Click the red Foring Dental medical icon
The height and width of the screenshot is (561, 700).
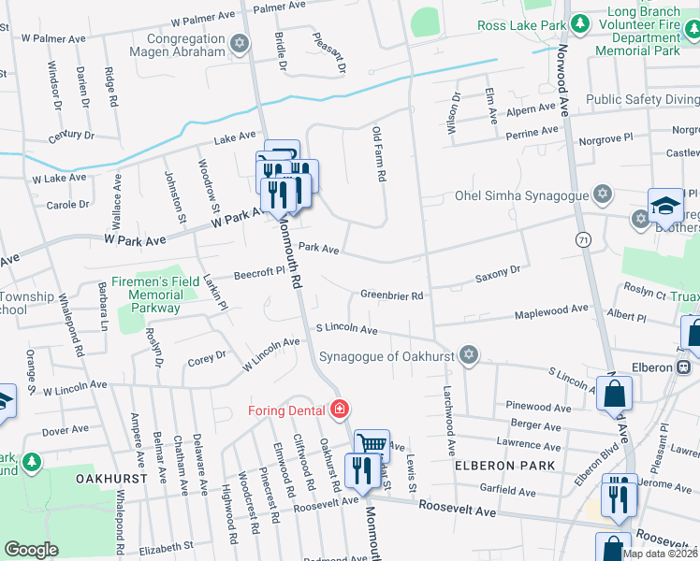[x=339, y=410]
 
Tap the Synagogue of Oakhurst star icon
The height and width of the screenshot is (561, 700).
[x=469, y=355]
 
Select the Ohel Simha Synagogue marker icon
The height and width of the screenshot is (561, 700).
[x=603, y=194]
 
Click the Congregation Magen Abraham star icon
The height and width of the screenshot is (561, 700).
[x=240, y=43]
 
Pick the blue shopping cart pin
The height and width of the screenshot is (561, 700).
[x=372, y=445]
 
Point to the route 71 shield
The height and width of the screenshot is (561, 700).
[x=584, y=240]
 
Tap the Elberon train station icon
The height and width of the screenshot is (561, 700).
[x=684, y=367]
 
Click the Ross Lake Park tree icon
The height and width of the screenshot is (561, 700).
[x=580, y=22]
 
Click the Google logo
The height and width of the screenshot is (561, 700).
[x=31, y=550]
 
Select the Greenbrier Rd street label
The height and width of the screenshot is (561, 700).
[x=392, y=295]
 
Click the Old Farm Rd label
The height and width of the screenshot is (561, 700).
[x=379, y=154]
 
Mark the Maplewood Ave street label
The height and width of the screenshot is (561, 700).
[x=551, y=310]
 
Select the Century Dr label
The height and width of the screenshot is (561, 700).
[x=72, y=137]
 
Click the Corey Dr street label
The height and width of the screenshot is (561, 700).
[x=207, y=356]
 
